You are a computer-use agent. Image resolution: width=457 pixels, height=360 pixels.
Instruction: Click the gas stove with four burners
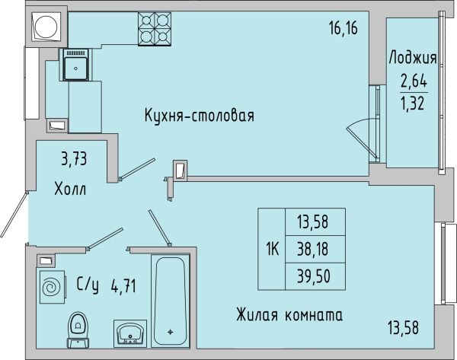tap(155, 29)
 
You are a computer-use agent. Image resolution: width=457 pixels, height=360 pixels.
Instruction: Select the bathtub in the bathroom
tap(170, 301)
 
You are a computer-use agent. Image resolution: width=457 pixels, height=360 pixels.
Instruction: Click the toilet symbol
tap(78, 330)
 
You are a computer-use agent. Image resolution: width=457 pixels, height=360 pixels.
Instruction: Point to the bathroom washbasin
tap(130, 333)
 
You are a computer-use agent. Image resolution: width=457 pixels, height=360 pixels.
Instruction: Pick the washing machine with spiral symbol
tap(52, 287)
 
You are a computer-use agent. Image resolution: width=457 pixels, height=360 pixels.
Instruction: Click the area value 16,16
tap(344, 29)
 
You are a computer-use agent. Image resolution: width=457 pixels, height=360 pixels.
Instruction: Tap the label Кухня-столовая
tap(200, 116)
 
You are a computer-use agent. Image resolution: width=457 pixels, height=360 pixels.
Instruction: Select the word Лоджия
tap(413, 58)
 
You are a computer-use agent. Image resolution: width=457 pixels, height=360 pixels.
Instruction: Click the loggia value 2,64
tap(414, 81)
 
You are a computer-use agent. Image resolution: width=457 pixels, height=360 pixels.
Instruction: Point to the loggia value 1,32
tap(413, 104)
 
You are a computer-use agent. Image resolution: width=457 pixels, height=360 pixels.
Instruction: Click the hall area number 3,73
tap(74, 159)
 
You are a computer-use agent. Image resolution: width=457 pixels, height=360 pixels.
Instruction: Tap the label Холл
tap(70, 189)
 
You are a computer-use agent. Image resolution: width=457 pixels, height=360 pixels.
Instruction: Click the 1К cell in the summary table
tap(272, 250)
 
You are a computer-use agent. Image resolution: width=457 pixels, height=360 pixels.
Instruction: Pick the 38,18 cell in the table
tap(313, 250)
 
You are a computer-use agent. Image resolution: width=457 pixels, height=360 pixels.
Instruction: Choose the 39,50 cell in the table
tap(313, 276)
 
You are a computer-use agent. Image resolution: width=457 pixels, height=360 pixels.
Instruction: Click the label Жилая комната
tap(289, 315)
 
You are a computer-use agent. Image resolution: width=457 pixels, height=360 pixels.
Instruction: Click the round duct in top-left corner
tap(46, 27)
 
